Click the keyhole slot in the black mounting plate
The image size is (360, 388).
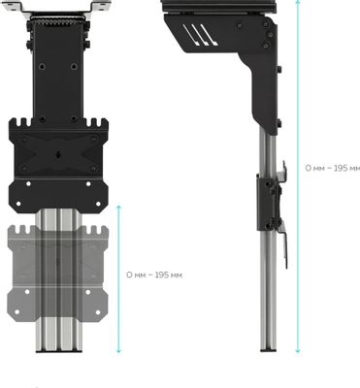tap(58, 154)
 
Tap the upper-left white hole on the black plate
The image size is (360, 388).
tap(28, 183)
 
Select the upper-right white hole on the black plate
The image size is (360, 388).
tap(88, 183)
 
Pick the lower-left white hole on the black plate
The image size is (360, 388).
tap(18, 204)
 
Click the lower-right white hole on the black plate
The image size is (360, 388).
tap(98, 204)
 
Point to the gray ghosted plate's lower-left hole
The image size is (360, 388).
tap(17, 312)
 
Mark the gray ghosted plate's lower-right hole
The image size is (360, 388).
tap(98, 312)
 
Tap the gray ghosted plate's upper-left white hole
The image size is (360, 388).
tap(27, 292)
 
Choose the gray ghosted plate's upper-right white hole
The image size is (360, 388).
tap(88, 292)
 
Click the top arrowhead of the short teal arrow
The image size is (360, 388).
tap(118, 206)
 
